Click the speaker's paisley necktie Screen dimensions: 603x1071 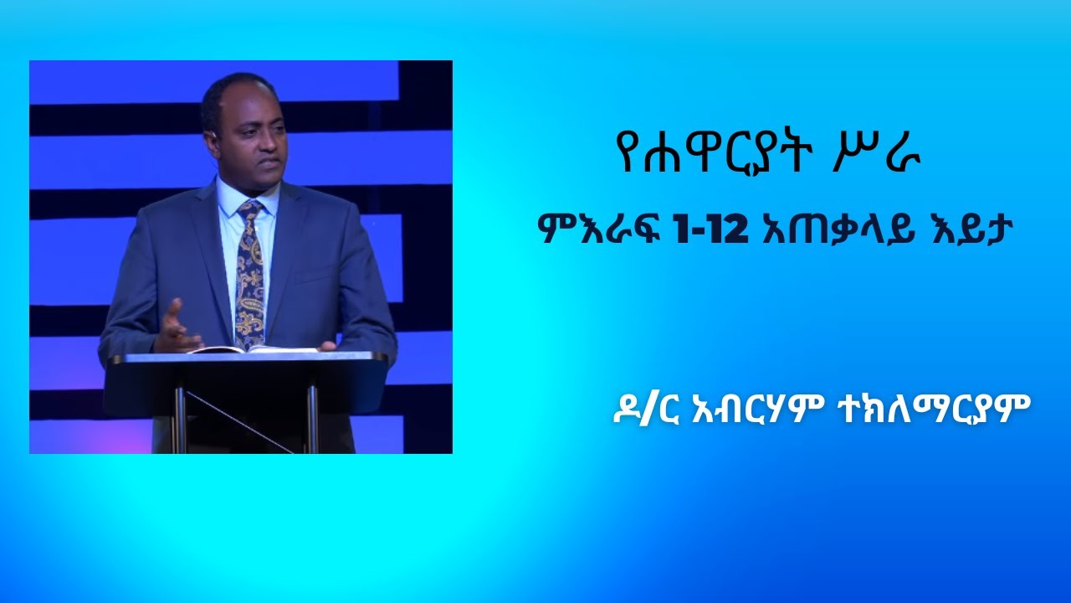249,276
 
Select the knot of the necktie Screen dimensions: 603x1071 249,209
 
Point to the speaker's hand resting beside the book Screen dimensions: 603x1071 327,345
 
